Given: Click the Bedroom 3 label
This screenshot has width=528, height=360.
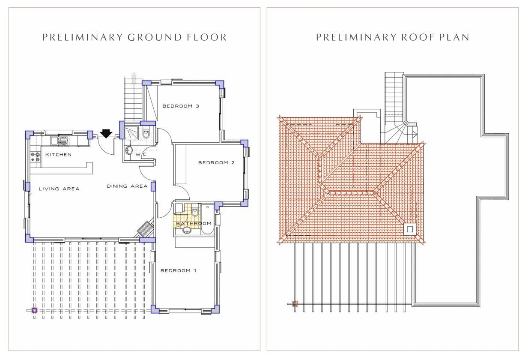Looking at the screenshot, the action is click(x=181, y=106).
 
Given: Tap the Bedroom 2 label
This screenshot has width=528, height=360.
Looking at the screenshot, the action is click(x=216, y=162).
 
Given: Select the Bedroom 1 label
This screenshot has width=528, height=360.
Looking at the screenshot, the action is click(x=179, y=270).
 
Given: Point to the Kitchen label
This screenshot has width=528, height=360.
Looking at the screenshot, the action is click(x=59, y=155).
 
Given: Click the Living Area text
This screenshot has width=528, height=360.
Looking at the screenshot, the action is click(x=59, y=189).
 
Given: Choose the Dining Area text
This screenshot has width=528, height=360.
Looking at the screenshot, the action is click(x=127, y=186).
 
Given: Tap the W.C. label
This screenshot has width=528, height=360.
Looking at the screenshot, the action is click(x=141, y=155).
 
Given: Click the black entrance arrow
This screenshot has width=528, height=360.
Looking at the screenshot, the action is click(x=106, y=134).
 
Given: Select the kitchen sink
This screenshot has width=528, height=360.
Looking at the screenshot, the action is click(x=59, y=141).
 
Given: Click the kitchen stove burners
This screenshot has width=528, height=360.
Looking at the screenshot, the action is click(x=36, y=157).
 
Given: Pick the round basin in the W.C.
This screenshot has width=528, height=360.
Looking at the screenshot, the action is click(x=129, y=150).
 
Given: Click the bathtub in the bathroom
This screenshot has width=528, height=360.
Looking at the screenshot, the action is click(x=207, y=219).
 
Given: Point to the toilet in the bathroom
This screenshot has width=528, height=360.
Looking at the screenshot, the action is click(x=195, y=212).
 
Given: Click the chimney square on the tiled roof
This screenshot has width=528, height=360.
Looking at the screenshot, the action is click(x=410, y=229).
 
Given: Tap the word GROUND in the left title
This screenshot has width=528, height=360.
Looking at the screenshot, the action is click(x=155, y=37).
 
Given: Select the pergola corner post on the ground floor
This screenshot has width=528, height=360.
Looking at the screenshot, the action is click(x=34, y=310).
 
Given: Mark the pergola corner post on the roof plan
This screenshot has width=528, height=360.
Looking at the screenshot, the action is click(x=295, y=304).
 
